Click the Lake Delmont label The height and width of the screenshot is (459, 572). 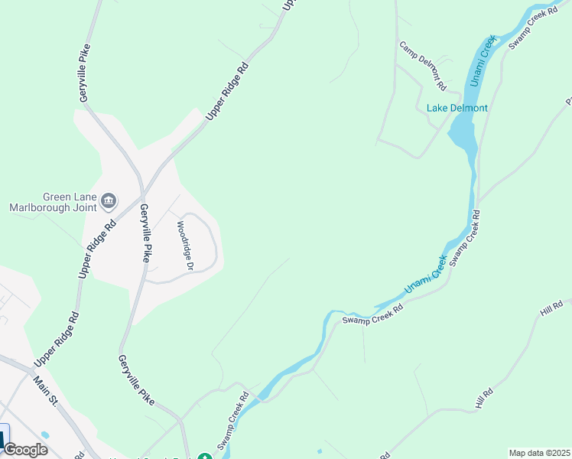[457, 108]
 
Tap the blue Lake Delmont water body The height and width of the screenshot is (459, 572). [463, 135]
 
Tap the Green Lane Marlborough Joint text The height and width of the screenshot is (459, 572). [53, 201]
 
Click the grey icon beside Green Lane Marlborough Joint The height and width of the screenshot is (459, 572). [108, 201]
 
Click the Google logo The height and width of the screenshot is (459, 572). [25, 450]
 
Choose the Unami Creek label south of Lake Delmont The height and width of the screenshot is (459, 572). [424, 274]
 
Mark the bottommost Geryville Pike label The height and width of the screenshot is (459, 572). [137, 379]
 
